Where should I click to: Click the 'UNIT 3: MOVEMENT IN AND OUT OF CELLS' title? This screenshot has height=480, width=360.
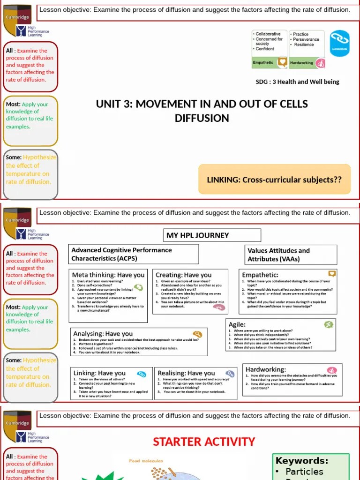coord(202,104)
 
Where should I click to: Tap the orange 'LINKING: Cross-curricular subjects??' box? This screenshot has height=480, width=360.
coord(275,180)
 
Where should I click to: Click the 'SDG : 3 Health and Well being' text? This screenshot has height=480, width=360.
coord(297,82)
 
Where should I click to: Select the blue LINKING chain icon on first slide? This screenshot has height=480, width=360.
coord(339,43)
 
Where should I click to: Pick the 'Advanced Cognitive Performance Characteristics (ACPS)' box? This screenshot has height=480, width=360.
coord(134,255)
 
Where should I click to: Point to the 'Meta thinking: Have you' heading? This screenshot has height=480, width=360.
coord(108,275)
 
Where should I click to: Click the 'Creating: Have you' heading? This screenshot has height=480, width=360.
coord(183,275)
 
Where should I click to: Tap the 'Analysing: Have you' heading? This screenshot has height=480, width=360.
coord(103,334)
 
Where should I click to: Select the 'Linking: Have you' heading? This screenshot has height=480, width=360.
coord(99,373)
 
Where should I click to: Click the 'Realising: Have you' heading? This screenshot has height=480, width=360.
coord(186,373)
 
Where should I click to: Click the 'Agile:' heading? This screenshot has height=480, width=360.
coord(237,324)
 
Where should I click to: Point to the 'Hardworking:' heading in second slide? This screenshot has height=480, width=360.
coord(266,369)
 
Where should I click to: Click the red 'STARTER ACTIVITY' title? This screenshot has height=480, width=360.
coord(204,442)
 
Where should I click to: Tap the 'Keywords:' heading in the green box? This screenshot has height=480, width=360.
coord(301,461)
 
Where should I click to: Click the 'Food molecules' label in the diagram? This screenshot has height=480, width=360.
coord(146,461)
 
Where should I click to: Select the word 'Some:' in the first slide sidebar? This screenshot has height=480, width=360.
coord(14,157)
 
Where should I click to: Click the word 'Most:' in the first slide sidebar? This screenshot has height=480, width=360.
coord(13,105)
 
